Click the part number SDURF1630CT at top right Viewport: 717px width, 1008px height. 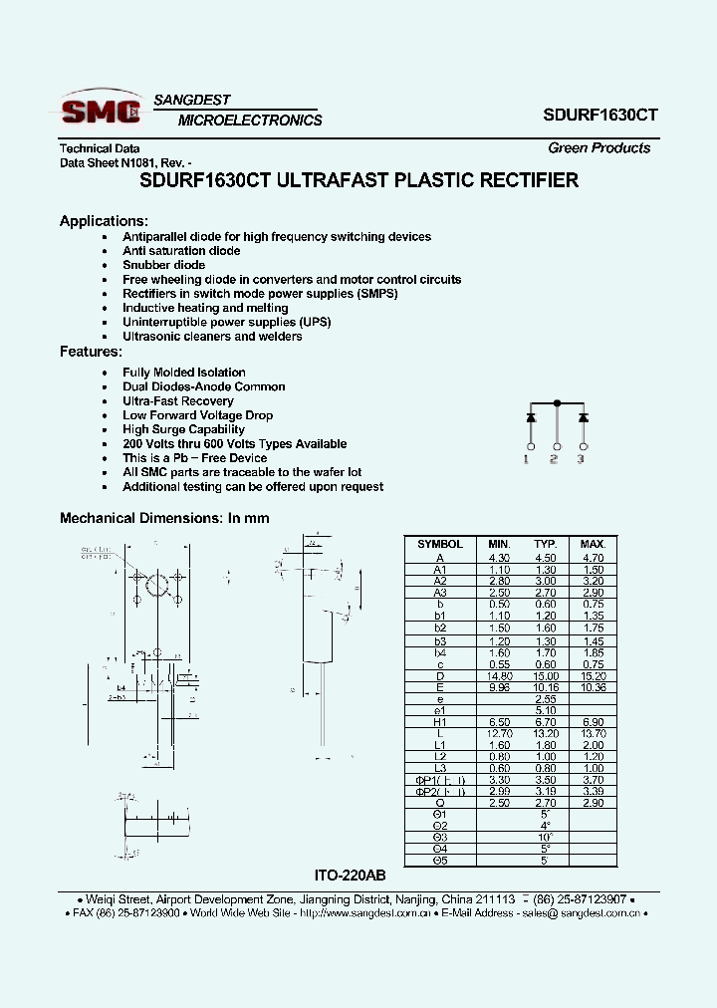click(x=600, y=115)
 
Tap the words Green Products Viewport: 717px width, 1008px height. click(x=598, y=148)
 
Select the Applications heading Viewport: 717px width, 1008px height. click(x=104, y=221)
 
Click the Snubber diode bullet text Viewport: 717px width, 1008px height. click(x=163, y=265)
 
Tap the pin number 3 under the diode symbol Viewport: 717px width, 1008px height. click(x=582, y=459)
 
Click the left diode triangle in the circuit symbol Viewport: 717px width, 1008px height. click(x=531, y=416)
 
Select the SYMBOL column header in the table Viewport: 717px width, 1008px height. click(x=439, y=544)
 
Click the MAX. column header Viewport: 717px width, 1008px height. click(x=593, y=544)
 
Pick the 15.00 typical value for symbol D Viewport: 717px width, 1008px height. click(x=545, y=675)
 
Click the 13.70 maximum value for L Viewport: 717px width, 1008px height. click(x=593, y=733)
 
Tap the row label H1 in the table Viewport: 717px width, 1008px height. click(x=439, y=721)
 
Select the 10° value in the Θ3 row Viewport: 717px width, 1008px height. click(x=545, y=837)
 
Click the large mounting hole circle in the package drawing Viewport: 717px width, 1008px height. click(x=155, y=585)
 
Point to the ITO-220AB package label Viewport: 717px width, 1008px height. click(x=349, y=876)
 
